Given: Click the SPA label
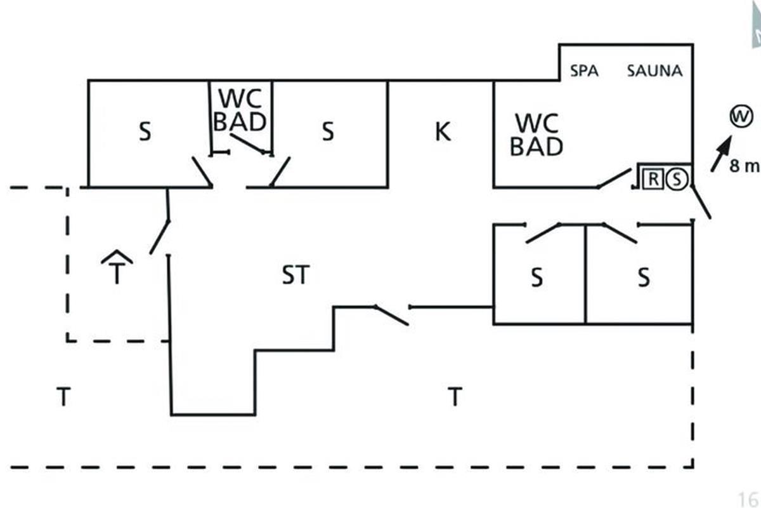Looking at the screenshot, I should pyautogui.click(x=584, y=70).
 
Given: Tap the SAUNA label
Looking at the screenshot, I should pyautogui.click(x=654, y=70).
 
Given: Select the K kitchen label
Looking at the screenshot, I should pyautogui.click(x=443, y=132).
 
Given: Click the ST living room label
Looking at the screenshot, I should pyautogui.click(x=295, y=276).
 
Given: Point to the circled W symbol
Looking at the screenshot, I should pyautogui.click(x=740, y=117).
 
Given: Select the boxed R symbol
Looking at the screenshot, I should pyautogui.click(x=652, y=178).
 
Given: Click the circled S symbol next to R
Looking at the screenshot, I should pyautogui.click(x=677, y=178).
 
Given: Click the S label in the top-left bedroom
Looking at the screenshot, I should pyautogui.click(x=145, y=133).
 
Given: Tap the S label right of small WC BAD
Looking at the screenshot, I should pyautogui.click(x=327, y=133).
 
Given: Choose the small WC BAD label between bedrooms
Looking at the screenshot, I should pyautogui.click(x=240, y=109).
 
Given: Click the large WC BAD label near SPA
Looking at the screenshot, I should pyautogui.click(x=537, y=135).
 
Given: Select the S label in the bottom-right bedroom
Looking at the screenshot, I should pyautogui.click(x=643, y=278).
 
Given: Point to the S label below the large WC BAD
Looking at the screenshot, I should pyautogui.click(x=537, y=278).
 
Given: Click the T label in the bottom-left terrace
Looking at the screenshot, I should pyautogui.click(x=63, y=398).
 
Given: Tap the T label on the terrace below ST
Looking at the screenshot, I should pyautogui.click(x=454, y=398).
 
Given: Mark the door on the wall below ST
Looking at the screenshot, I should pyautogui.click(x=391, y=315).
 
